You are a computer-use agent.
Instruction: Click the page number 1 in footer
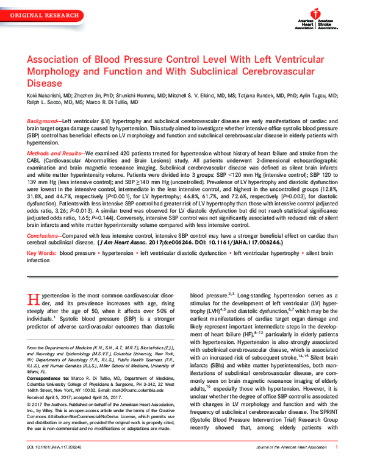coord(337,464)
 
